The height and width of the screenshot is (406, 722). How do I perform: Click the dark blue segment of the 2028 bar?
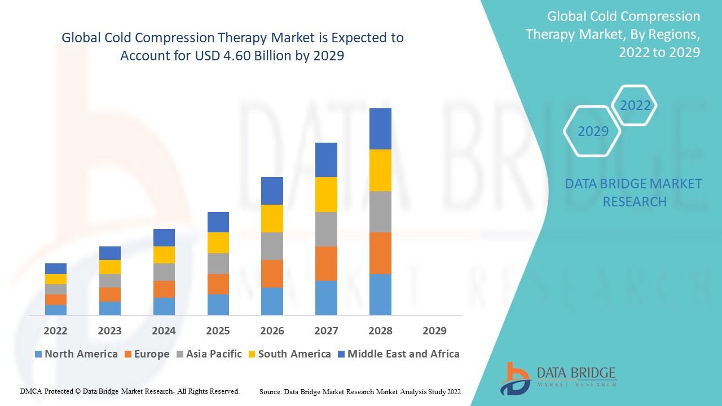point(380,129)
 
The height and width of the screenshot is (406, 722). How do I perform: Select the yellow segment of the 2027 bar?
point(326,195)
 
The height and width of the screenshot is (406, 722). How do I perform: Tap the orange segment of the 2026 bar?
point(272,273)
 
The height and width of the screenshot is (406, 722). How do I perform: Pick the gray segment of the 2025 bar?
point(218,263)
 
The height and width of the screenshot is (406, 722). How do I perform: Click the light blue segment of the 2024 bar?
point(164,306)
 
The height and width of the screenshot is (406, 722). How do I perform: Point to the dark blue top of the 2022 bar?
point(56,268)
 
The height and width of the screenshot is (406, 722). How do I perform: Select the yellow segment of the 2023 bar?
point(110,267)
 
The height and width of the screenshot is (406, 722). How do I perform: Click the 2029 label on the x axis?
point(434,330)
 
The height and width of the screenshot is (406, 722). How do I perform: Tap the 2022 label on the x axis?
point(56,330)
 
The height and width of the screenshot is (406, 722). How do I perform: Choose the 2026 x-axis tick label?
point(272,330)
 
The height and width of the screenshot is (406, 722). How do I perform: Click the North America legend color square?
point(38,354)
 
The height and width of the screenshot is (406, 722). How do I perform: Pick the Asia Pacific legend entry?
point(209,354)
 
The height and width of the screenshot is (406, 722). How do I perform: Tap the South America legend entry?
point(289,354)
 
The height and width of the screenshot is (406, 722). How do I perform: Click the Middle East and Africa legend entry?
point(398,354)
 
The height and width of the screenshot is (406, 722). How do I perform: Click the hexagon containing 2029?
point(592,131)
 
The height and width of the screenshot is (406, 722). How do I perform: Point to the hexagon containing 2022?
point(635,105)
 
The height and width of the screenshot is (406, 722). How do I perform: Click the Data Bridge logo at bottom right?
point(558,378)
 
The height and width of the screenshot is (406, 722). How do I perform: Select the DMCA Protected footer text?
point(130,391)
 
